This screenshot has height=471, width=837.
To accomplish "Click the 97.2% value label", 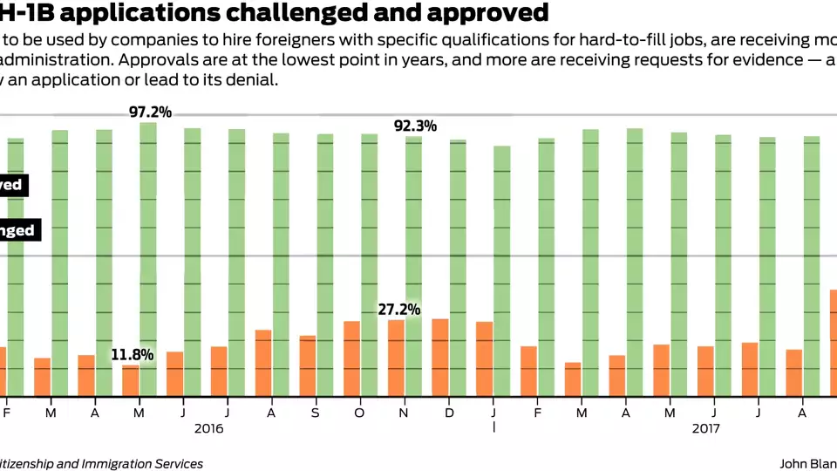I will coord(150,112).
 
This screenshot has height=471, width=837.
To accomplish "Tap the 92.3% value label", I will coord(415,126).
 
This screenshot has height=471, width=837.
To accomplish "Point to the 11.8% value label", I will coord(132,354).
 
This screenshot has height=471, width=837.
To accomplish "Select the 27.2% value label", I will coord(398,309).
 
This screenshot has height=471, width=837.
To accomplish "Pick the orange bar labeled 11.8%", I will coord(130,379).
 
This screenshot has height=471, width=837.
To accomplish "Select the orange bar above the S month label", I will coord(307,365).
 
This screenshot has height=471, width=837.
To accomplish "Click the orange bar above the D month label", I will coord(440,357).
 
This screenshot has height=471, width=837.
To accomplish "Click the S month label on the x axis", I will coord(315,411).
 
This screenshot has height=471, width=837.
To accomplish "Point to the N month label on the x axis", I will coord(404,411).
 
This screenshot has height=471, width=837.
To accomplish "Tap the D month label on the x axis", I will coord(448,411).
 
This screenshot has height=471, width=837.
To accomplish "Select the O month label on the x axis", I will coord(359,411).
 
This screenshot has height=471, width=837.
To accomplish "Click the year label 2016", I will coord(209,428).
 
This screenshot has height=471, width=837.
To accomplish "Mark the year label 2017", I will coord(707,428).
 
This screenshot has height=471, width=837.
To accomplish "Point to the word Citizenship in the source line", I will coord(36,464).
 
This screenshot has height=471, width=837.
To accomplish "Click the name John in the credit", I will coord(795,464).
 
